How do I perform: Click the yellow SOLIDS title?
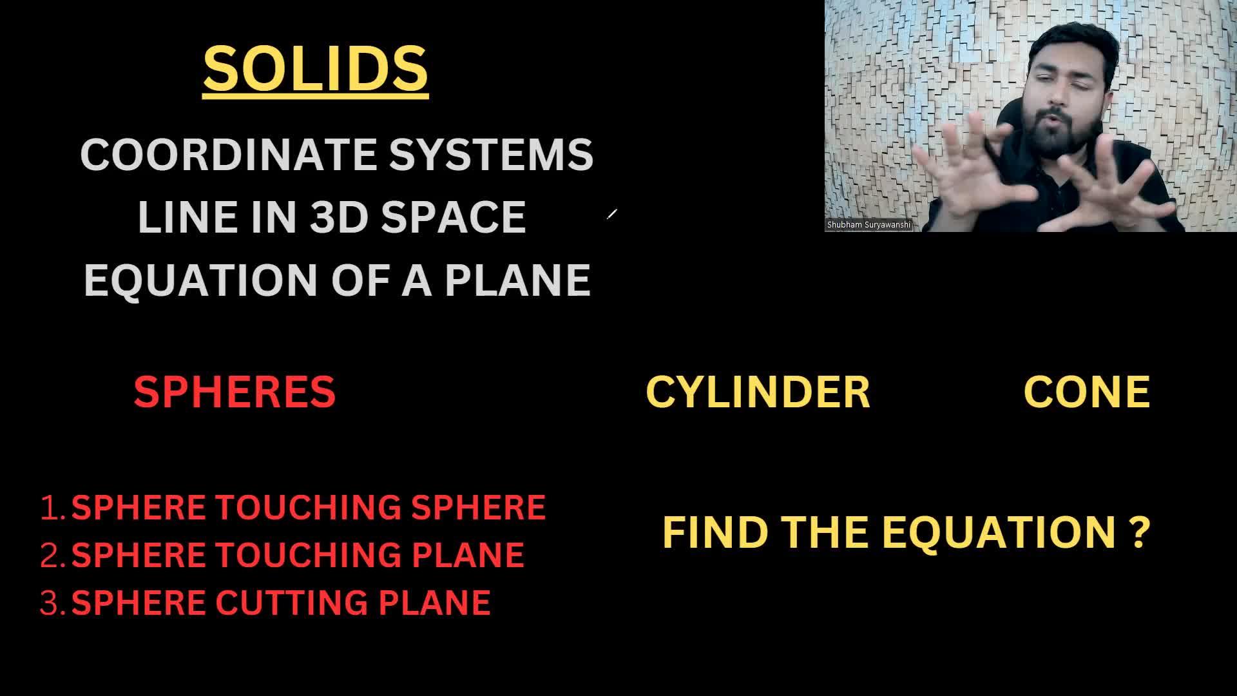[316, 68]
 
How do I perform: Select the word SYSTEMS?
[491, 155]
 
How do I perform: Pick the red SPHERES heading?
[235, 392]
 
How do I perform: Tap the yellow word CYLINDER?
[758, 392]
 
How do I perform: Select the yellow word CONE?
[1087, 392]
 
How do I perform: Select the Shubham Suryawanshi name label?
[868, 225]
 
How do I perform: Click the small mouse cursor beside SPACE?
[612, 214]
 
